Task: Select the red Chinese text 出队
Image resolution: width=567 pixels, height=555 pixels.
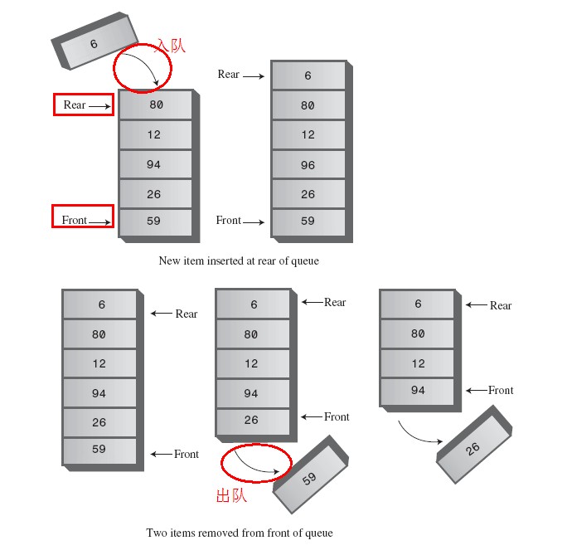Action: click(x=232, y=496)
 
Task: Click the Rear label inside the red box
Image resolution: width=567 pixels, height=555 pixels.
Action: click(x=75, y=105)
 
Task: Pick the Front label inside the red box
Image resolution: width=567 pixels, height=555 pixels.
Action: click(x=74, y=220)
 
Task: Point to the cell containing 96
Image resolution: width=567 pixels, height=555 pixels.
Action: click(x=308, y=165)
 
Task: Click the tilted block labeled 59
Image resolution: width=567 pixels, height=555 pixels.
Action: click(x=309, y=479)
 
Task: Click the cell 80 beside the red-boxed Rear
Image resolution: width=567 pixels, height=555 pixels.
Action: click(x=156, y=105)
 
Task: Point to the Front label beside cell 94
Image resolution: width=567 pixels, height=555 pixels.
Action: click(x=501, y=390)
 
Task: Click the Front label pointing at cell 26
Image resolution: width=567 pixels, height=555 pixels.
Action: click(x=337, y=416)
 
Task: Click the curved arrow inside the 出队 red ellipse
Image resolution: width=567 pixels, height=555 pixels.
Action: click(x=252, y=466)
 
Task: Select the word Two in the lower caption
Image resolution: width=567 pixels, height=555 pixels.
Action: click(x=156, y=533)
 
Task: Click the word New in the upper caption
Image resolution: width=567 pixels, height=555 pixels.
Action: click(x=169, y=260)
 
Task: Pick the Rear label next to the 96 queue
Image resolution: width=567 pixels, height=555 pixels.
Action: click(x=229, y=75)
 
